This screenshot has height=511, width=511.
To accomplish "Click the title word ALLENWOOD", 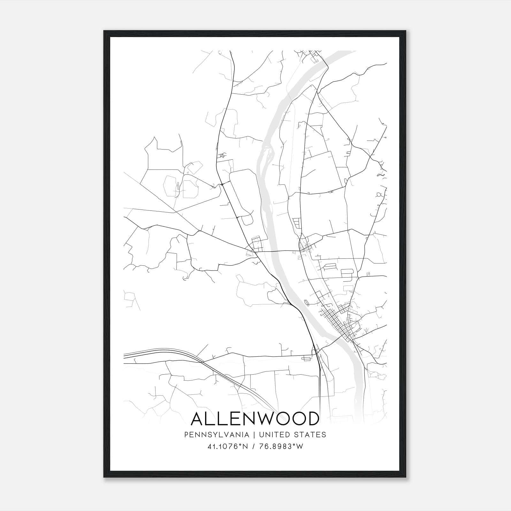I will tap(255, 419).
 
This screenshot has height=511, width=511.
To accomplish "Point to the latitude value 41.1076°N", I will tap(228, 446).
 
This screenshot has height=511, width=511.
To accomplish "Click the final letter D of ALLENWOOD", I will tap(312, 419).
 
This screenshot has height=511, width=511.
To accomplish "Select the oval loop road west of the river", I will tap(241, 192).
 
